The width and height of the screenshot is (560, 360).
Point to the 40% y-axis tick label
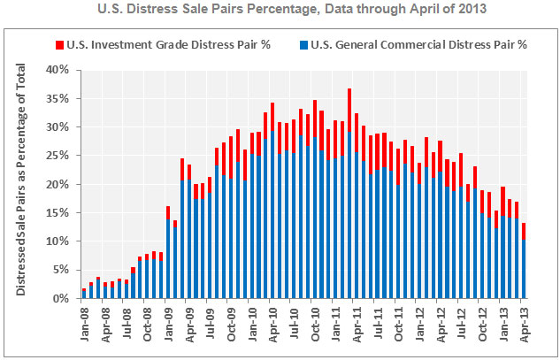(x=58, y=69)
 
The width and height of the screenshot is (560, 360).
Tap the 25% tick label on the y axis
(x=58, y=156)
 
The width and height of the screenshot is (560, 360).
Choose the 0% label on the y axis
(x=60, y=299)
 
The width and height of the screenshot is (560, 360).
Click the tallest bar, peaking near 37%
(x=349, y=195)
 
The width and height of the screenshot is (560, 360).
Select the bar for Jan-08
(x=84, y=294)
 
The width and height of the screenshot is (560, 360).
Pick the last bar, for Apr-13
(x=525, y=262)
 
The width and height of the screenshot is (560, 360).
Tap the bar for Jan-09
(x=168, y=253)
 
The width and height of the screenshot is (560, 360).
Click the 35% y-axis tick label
(x=58, y=98)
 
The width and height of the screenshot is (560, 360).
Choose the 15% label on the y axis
(x=58, y=213)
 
